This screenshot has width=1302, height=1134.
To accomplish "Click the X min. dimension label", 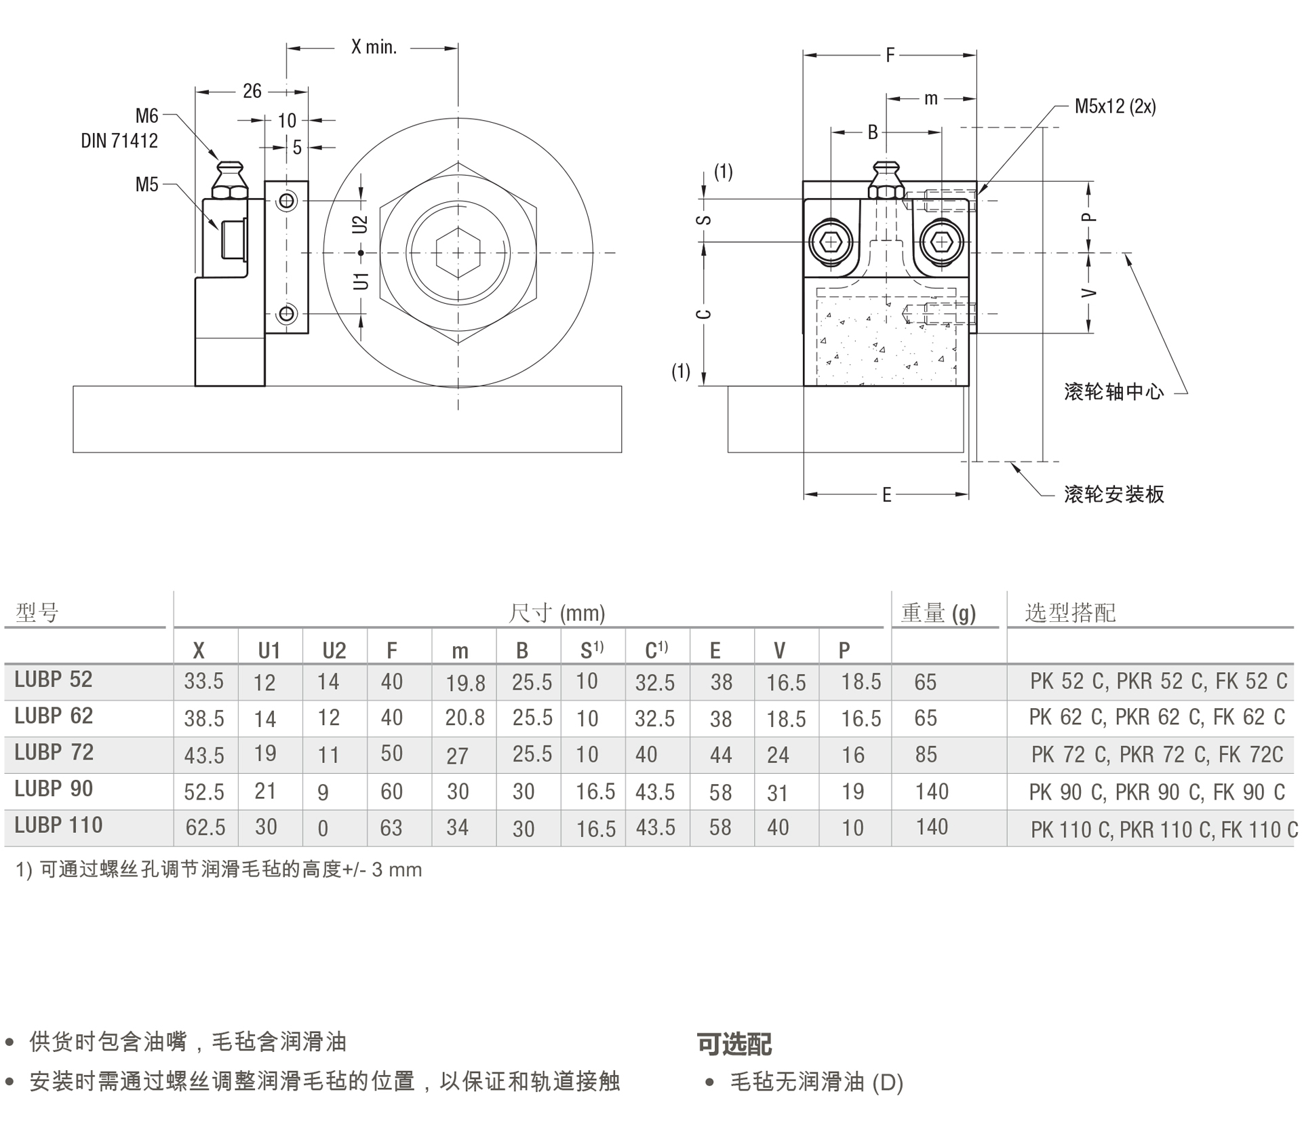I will [374, 47].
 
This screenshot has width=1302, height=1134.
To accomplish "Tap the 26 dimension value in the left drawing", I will [252, 91].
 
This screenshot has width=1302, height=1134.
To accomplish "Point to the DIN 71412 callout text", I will [119, 140].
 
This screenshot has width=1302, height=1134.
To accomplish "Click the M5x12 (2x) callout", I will [1115, 106].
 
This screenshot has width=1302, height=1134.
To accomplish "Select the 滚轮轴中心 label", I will [1113, 392].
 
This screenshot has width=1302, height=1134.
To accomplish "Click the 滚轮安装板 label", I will [1113, 494].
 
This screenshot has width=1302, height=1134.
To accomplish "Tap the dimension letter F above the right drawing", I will [890, 55].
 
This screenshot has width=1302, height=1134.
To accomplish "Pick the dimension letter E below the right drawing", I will [886, 495].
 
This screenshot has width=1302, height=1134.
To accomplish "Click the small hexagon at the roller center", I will [458, 253].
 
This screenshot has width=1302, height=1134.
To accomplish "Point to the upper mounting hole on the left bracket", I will [287, 201].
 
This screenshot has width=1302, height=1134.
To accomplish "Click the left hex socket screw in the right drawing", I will [831, 242].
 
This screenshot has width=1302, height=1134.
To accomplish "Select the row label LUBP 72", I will [54, 753].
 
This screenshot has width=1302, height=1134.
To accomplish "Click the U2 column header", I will [334, 651].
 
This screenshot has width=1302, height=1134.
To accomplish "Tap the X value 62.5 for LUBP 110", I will [205, 827].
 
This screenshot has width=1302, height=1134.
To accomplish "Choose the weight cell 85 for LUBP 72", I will [926, 755].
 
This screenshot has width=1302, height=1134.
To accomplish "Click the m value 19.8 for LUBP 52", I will [465, 683].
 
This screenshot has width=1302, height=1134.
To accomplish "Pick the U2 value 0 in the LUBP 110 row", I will [323, 828].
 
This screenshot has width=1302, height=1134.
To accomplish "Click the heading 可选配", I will [734, 1044].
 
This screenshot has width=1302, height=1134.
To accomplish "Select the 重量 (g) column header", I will [938, 613].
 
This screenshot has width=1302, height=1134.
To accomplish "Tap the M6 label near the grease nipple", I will [146, 116].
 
